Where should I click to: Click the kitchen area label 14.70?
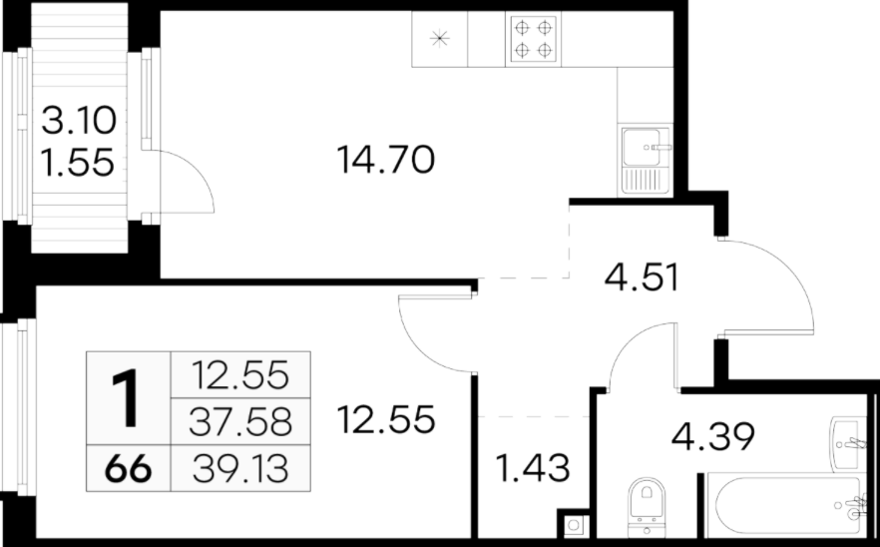[385, 160]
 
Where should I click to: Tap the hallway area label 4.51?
[642, 277]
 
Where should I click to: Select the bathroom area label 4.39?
[712, 437]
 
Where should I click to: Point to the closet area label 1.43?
[533, 468]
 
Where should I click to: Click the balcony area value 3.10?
[79, 121]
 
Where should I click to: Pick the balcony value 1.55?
[79, 163]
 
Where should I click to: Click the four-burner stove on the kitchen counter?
[533, 39]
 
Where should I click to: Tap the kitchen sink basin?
[642, 147]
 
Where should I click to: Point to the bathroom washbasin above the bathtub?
[848, 443]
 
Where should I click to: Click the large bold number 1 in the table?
[128, 398]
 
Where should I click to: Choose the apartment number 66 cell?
[128, 468]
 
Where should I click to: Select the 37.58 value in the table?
[240, 422]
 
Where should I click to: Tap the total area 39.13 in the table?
[240, 469]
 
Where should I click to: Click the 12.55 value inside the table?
[240, 375]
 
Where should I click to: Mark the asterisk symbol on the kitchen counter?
[439, 38]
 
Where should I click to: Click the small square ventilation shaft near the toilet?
[573, 525]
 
